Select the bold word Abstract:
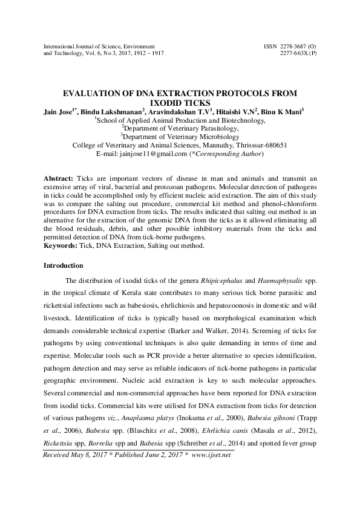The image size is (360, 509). (59, 180)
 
